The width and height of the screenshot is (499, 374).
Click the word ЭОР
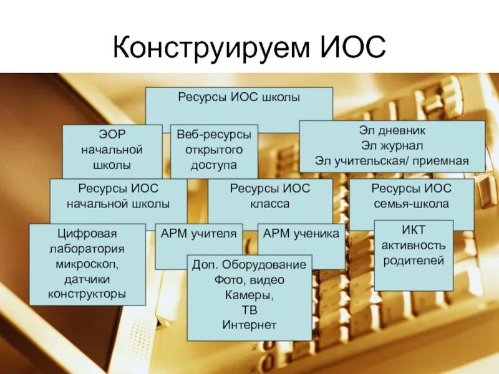point(112,135)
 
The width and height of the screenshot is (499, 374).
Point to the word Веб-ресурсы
point(214,135)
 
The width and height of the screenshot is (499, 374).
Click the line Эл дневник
point(392,132)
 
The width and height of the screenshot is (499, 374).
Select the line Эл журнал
point(392,146)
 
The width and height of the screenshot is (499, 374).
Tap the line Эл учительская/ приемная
point(392,161)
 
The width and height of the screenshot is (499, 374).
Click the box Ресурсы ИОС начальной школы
point(119,196)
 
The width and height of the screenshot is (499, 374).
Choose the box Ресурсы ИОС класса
point(269,196)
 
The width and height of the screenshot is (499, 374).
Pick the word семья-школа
point(411,204)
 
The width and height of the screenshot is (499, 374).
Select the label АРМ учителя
point(198,234)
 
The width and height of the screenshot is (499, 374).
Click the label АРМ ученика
point(301,234)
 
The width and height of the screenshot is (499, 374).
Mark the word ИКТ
point(413,230)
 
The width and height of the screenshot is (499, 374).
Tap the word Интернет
point(248,325)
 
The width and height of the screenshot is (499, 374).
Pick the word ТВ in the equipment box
point(248,310)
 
